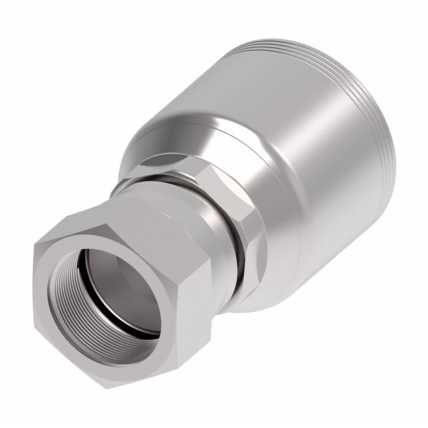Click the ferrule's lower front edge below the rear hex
pyautogui.click(x=269, y=287)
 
